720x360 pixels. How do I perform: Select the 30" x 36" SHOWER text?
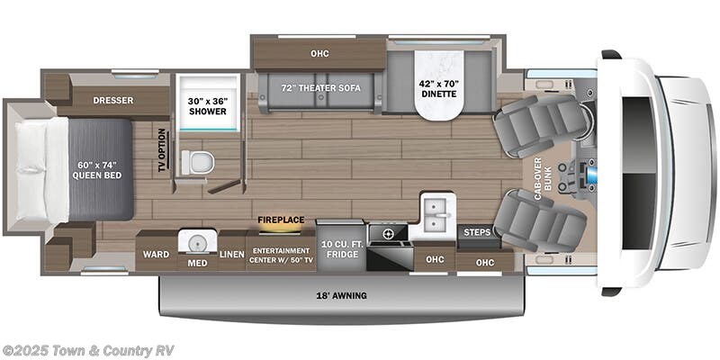pos(207,105)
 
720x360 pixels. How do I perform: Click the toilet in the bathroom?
pos(198,162)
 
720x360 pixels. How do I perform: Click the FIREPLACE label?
pos(280,219)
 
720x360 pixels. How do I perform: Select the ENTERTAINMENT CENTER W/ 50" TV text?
pos(281,255)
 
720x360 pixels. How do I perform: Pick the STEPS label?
pos(476,232)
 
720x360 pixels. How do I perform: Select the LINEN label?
pos(232,255)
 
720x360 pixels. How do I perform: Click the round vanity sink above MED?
pos(193,242)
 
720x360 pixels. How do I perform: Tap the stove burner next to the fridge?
pos(389,233)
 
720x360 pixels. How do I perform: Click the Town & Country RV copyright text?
pos(88,350)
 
